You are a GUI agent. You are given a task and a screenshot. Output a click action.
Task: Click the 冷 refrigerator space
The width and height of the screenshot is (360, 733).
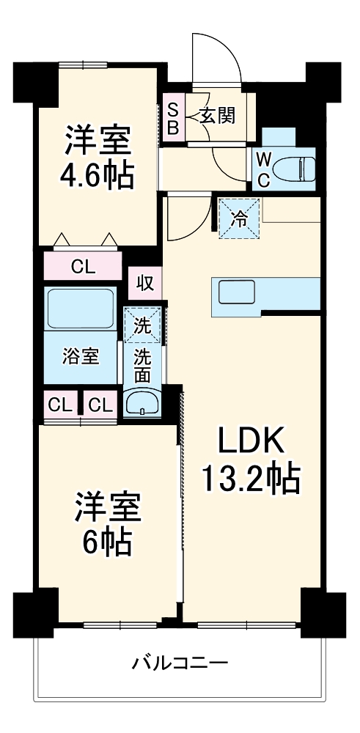[239, 218]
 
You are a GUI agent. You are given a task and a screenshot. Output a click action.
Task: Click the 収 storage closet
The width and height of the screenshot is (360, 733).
[144, 283]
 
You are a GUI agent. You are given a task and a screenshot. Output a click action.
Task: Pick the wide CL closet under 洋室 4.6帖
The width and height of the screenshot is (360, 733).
[82, 266]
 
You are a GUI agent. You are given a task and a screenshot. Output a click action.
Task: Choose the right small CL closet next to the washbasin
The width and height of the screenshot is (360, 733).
[100, 404]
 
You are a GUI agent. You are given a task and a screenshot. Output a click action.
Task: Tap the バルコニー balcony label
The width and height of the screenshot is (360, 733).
[180, 664]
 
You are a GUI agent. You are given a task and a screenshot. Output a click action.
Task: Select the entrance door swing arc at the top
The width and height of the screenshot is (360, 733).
[217, 55]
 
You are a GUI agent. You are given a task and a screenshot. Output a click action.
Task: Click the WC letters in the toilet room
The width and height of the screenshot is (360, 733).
[263, 168]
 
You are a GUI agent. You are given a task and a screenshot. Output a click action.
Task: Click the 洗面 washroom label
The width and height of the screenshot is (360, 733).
[142, 365]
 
